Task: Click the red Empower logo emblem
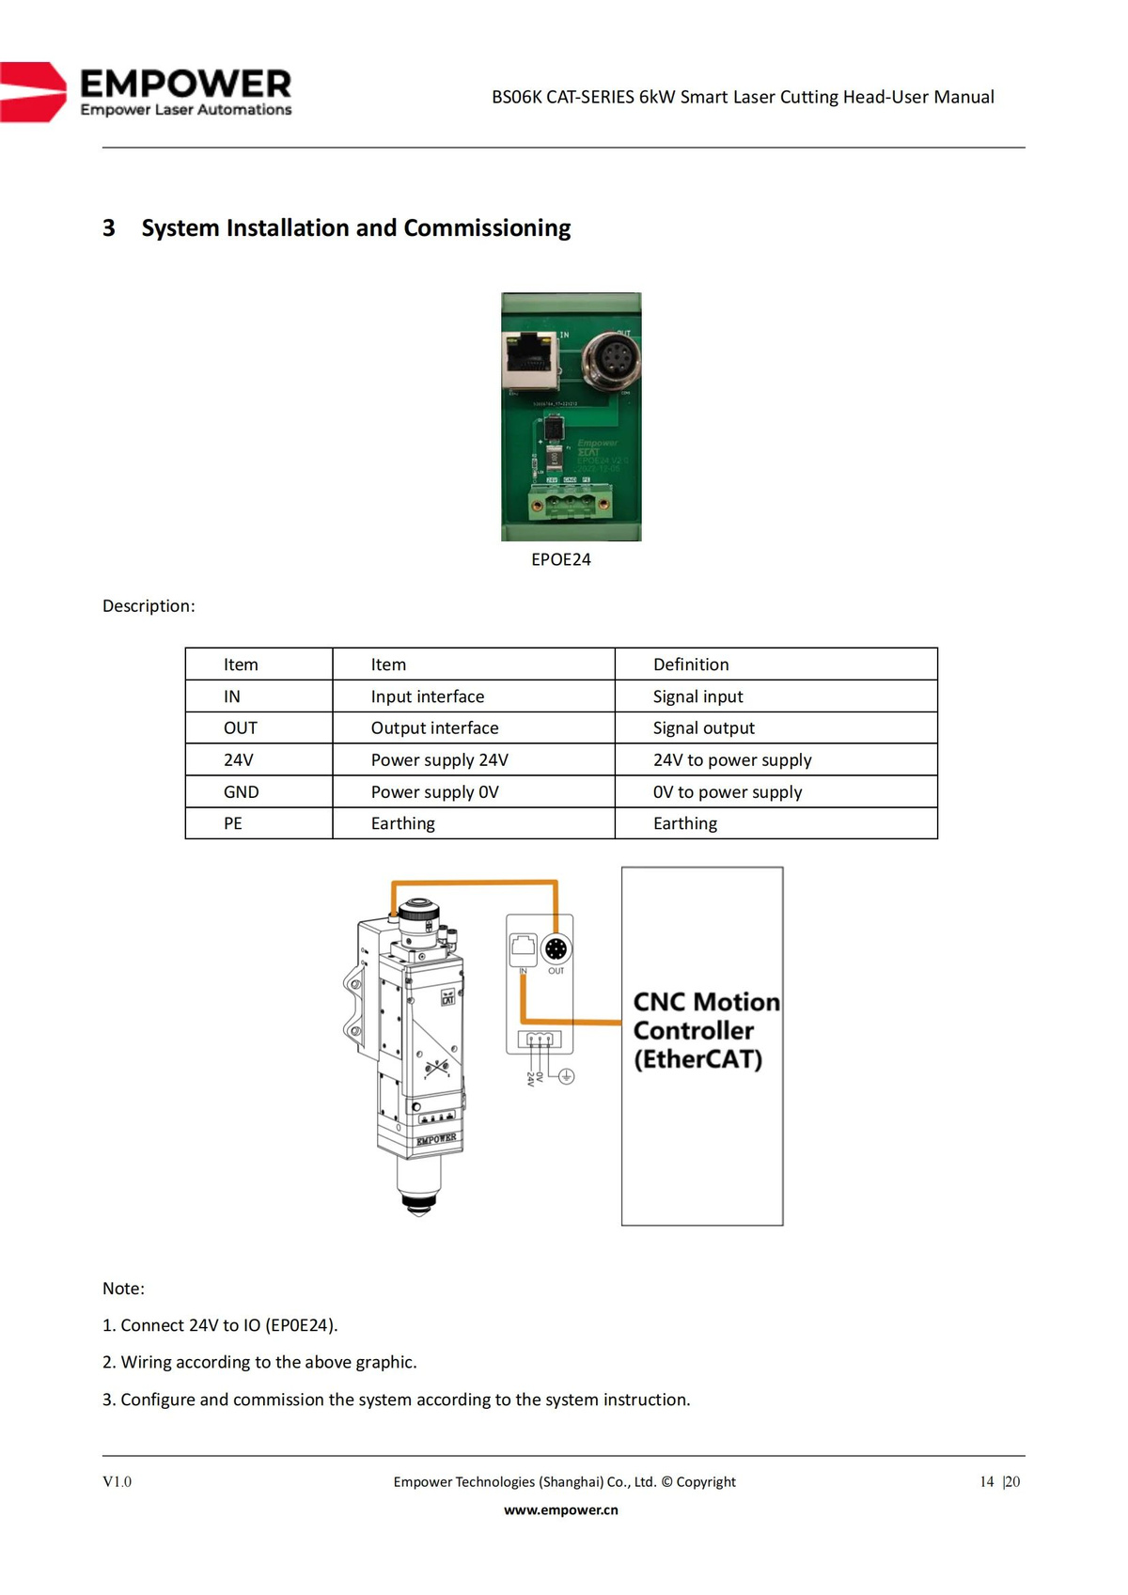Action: pyautogui.click(x=33, y=92)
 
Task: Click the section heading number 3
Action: pyautogui.click(x=109, y=228)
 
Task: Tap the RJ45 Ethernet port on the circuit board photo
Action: pyautogui.click(x=528, y=361)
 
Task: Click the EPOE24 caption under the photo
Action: pyautogui.click(x=561, y=559)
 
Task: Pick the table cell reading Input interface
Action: pyautogui.click(x=428, y=696)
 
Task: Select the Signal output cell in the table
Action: pyautogui.click(x=704, y=728)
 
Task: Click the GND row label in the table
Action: pyautogui.click(x=242, y=792)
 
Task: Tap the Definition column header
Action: pyautogui.click(x=691, y=665)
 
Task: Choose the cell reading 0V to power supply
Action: pyautogui.click(x=728, y=792)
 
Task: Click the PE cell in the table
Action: pyautogui.click(x=233, y=823)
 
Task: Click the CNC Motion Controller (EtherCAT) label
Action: pyautogui.click(x=705, y=1030)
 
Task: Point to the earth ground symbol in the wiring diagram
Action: pyautogui.click(x=567, y=1076)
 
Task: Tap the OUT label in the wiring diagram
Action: pyautogui.click(x=556, y=971)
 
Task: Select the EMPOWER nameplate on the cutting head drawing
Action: pyautogui.click(x=436, y=1139)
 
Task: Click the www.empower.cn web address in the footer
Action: pyautogui.click(x=561, y=1510)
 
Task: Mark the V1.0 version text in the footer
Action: pyautogui.click(x=117, y=1482)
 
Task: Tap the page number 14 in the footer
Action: pyautogui.click(x=986, y=1482)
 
